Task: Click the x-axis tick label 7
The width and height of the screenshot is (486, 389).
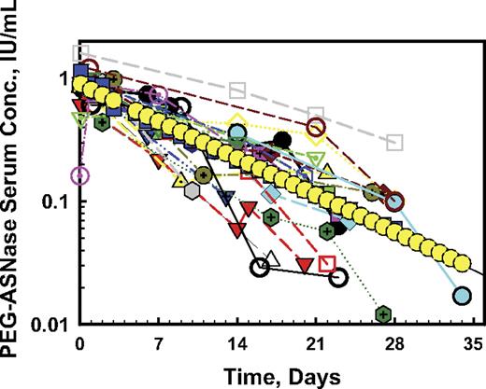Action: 160,340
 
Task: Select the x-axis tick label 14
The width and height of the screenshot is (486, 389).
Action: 237,340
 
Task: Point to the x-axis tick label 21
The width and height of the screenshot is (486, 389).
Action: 316,340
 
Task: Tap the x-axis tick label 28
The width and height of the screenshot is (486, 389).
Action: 394,340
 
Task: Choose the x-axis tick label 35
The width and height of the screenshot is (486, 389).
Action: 473,340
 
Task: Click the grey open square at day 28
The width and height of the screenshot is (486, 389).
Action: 395,143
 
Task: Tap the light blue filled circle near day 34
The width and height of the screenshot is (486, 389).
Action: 462,297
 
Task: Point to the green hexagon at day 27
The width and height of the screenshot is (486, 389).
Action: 383,313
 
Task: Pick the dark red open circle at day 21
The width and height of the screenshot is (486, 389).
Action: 317,127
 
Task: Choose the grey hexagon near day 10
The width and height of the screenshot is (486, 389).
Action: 192,190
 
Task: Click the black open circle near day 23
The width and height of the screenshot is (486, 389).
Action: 338,276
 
